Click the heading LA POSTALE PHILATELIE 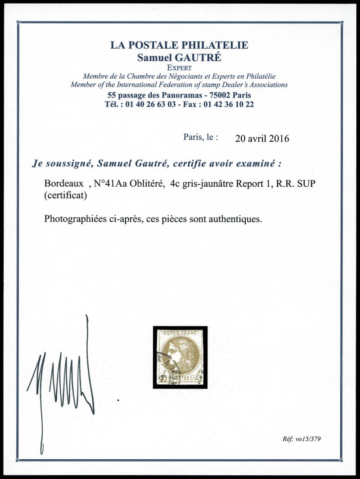(179, 45)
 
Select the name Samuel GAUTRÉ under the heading (179, 57)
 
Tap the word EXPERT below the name (179, 67)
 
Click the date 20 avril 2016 (262, 138)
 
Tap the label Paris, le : (200, 137)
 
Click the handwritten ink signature (67, 378)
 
